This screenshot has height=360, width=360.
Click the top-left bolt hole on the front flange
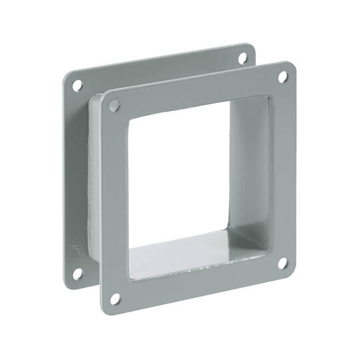coord(115,104)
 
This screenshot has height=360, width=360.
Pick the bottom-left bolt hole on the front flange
coord(117,300)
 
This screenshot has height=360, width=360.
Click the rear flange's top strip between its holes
coord(155,65)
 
